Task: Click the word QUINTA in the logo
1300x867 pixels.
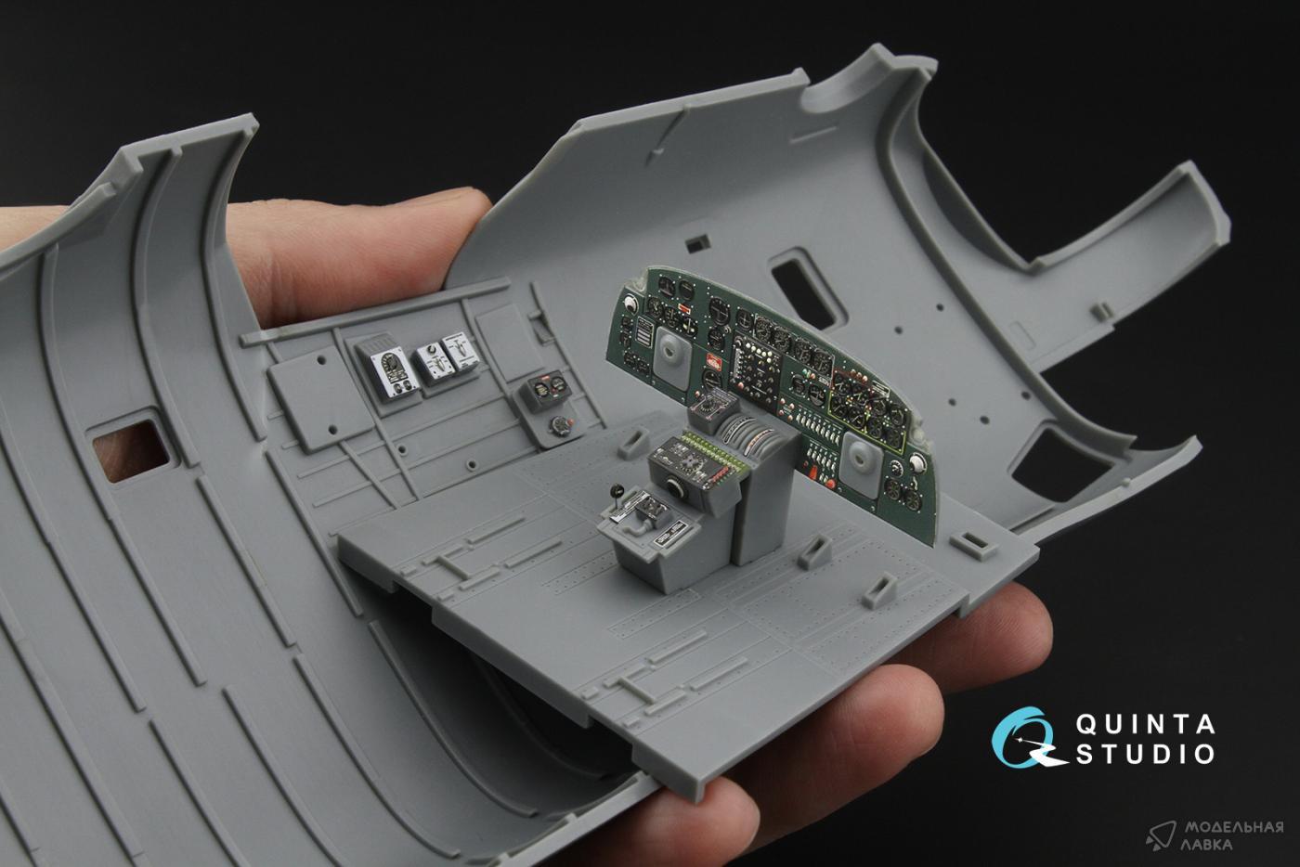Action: coord(1145,724)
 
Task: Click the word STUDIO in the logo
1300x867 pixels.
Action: coord(1145,755)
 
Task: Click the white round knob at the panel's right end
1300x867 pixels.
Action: coord(917,462)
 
